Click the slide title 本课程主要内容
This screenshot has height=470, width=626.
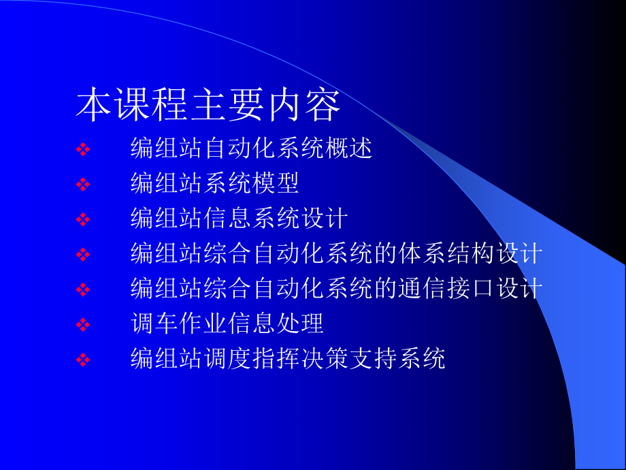[x=208, y=106]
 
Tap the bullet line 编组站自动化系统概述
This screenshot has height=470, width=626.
[x=252, y=148]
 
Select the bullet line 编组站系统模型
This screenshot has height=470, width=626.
[x=215, y=183]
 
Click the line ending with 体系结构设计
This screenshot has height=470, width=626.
[x=336, y=254]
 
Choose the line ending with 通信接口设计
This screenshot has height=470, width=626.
[x=336, y=289]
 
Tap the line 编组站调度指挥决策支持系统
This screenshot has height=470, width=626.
[x=288, y=359]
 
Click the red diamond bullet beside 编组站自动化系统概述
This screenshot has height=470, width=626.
[x=82, y=150]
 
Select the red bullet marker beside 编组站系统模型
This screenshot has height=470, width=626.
[x=82, y=185]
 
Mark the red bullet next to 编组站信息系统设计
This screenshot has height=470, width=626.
[x=82, y=220]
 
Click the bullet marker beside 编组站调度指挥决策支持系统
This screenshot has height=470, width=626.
[x=82, y=360]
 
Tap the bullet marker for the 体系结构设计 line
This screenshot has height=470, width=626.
[x=82, y=255]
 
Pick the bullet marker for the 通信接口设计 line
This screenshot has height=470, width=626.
[x=82, y=290]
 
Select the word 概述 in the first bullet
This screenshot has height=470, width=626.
[x=349, y=148]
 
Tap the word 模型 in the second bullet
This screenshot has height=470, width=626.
[x=276, y=183]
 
